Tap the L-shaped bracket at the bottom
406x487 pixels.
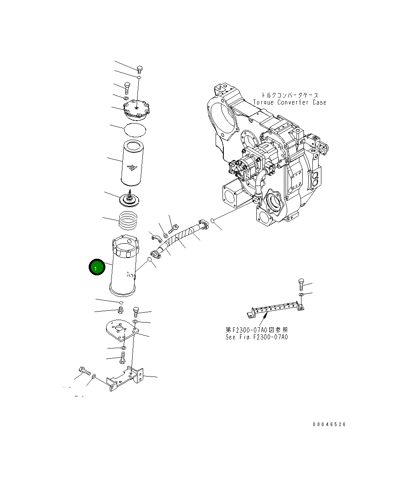126,378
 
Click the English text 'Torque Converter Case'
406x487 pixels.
289,103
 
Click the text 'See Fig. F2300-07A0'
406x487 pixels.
256,337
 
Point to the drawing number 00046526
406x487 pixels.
329,424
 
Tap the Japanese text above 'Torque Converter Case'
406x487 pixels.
289,95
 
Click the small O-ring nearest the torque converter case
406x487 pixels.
213,221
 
